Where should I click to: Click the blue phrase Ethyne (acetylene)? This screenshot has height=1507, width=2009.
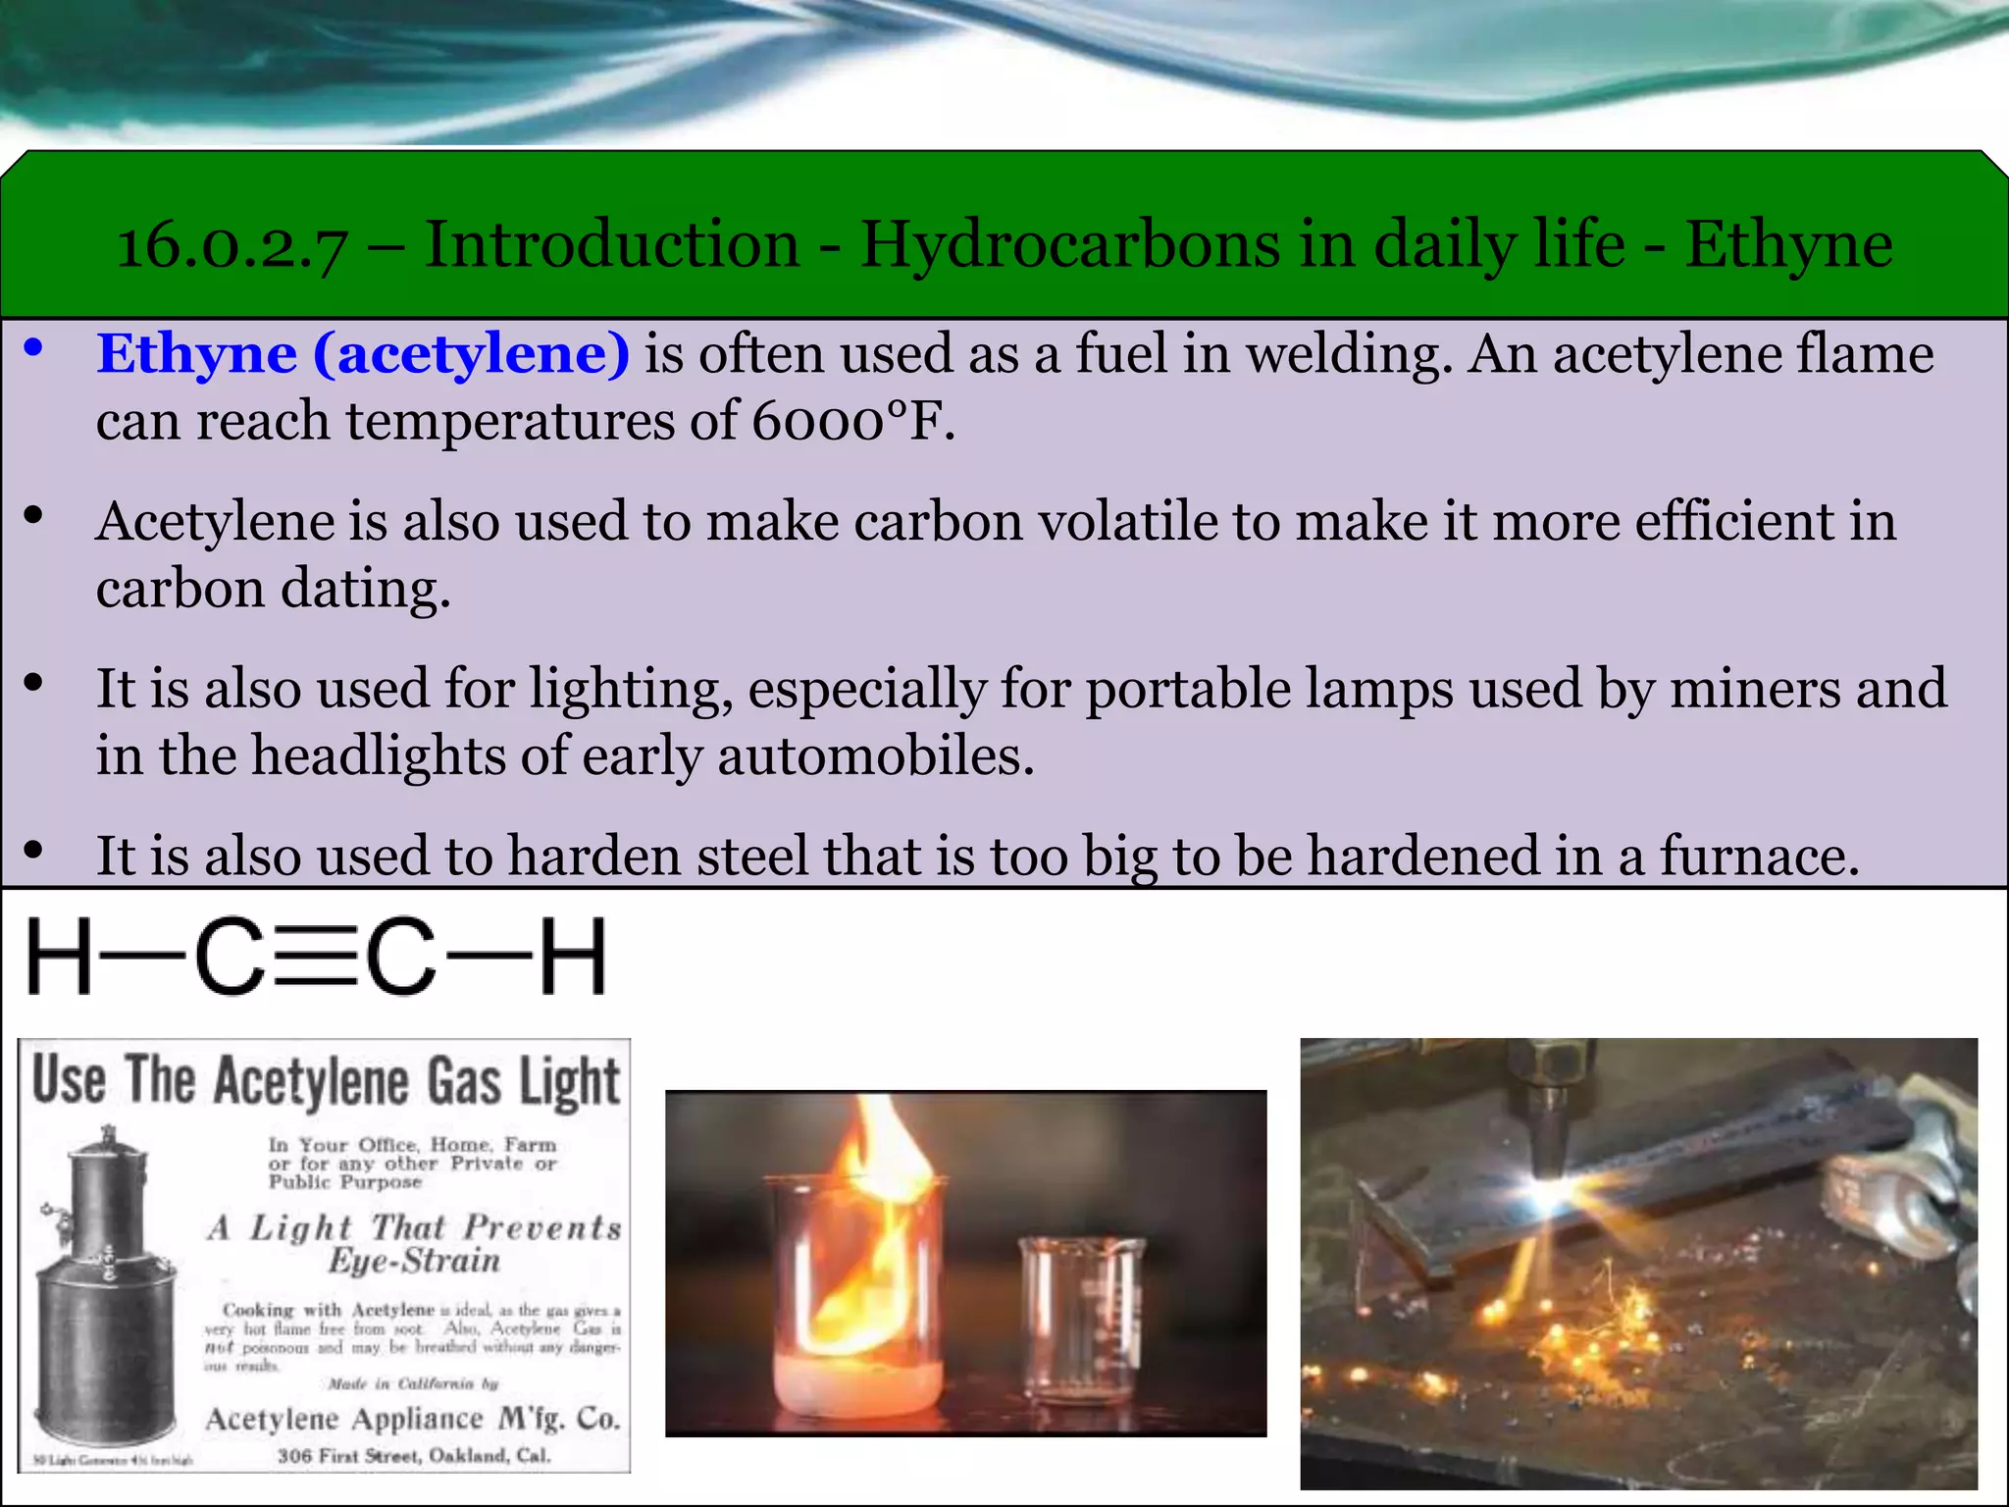pyautogui.click(x=363, y=354)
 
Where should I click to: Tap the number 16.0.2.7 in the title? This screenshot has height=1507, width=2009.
pyautogui.click(x=232, y=245)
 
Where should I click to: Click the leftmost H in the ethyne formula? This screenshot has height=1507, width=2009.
pyautogui.click(x=59, y=956)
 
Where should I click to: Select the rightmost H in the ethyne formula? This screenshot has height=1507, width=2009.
pyautogui.click(x=574, y=956)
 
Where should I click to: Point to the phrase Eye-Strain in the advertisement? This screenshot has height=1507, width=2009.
pyautogui.click(x=414, y=1261)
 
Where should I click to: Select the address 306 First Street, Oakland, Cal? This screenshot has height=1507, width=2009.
pyautogui.click(x=413, y=1455)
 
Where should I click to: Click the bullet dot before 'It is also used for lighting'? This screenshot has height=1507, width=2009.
pyautogui.click(x=34, y=684)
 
